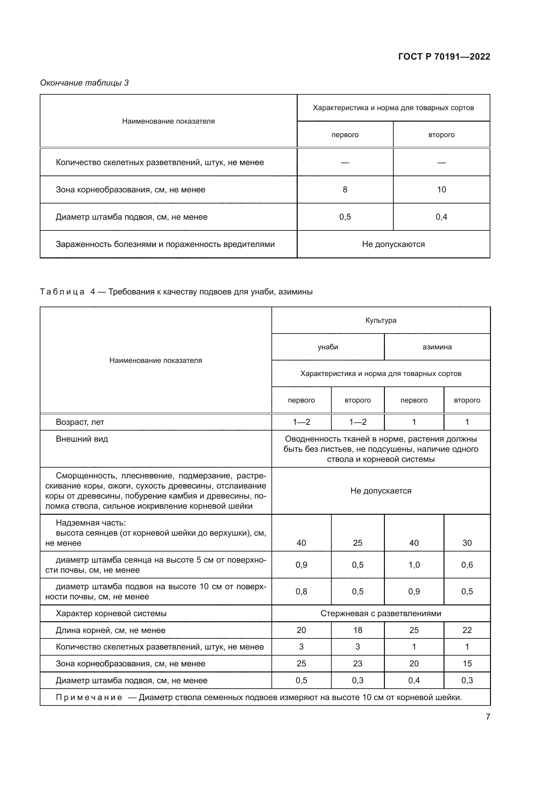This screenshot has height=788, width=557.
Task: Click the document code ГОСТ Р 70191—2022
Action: pos(444,57)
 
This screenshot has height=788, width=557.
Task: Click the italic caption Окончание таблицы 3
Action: pos(85,83)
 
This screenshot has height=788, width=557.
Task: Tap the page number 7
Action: pos(488,717)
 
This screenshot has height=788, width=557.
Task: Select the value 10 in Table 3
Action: pos(441,189)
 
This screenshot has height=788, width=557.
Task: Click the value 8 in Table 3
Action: pos(345,189)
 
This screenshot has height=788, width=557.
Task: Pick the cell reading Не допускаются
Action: pos(393,244)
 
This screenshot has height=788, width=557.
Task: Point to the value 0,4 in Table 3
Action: pos(441,217)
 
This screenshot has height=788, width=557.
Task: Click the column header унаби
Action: pos(328,347)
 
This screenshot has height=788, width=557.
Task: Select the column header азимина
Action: pos(437,347)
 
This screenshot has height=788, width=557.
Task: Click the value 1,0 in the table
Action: pos(414,565)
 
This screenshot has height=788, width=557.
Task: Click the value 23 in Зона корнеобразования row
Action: pos(357,663)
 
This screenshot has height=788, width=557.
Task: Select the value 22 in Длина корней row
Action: pos(466,630)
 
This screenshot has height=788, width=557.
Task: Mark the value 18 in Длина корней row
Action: pos(357,630)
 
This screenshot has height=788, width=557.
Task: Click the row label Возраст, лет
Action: pos(79,422)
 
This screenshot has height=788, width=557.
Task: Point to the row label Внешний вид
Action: pos(81,439)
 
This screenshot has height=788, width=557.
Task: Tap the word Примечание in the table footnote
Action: pos(89,697)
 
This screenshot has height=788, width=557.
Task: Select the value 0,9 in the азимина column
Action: pos(414,591)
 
